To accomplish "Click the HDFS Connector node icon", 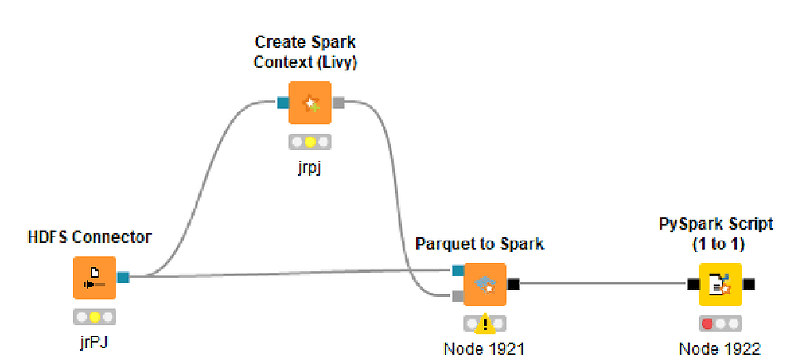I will (x=95, y=278).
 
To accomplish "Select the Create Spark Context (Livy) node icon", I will (x=310, y=103).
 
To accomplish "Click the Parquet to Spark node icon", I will (x=485, y=284).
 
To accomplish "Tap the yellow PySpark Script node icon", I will (x=720, y=284).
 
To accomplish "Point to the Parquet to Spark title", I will (x=480, y=244).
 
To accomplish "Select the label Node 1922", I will (x=720, y=349).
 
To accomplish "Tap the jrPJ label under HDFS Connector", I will (x=95, y=343).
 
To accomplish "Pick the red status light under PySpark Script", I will (x=708, y=324).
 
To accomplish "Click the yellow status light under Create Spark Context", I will (x=310, y=143).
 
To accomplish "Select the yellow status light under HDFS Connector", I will (x=95, y=317).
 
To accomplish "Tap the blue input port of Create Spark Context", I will (x=283, y=102).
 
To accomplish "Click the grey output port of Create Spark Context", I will (x=339, y=102).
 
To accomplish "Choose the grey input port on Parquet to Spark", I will (x=458, y=296).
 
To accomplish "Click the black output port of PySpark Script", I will (x=748, y=284).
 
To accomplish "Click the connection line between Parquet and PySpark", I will (x=602, y=284).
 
